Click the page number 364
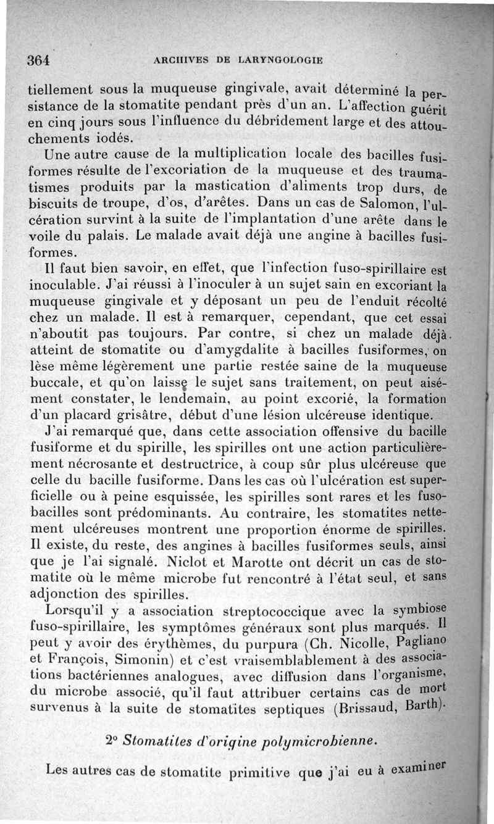click(x=38, y=60)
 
